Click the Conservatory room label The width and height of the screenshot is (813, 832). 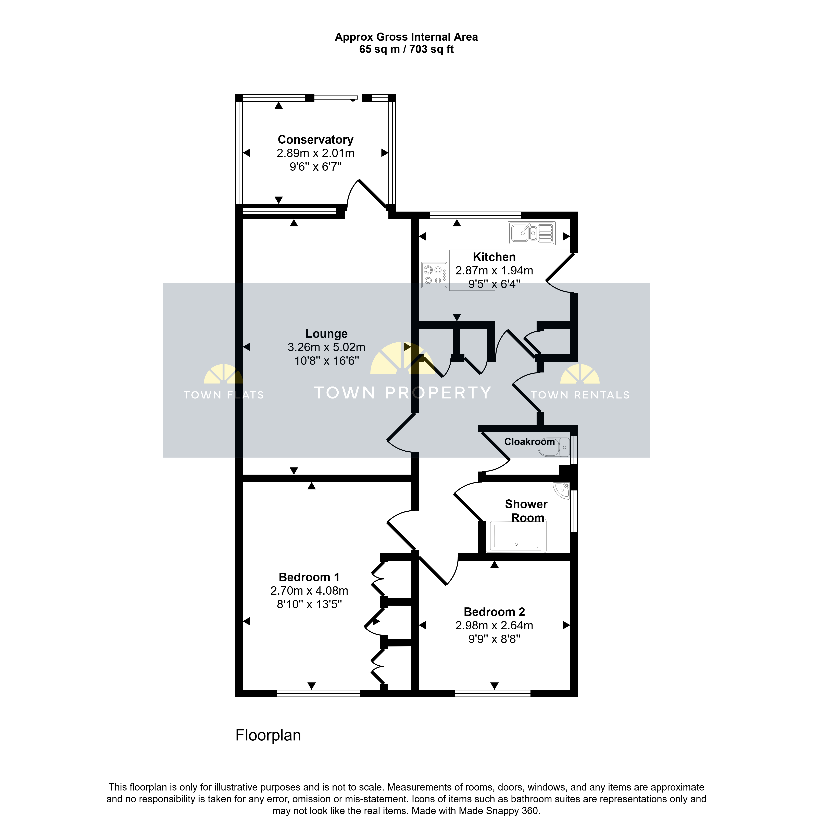[x=316, y=140]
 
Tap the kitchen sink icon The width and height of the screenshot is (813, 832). [x=532, y=233]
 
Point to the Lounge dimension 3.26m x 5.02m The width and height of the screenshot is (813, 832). [x=326, y=347]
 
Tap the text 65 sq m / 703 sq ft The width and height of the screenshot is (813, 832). [x=406, y=49]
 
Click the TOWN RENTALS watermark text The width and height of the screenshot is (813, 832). [x=580, y=395]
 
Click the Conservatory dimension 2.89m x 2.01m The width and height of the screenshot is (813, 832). [x=316, y=153]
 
